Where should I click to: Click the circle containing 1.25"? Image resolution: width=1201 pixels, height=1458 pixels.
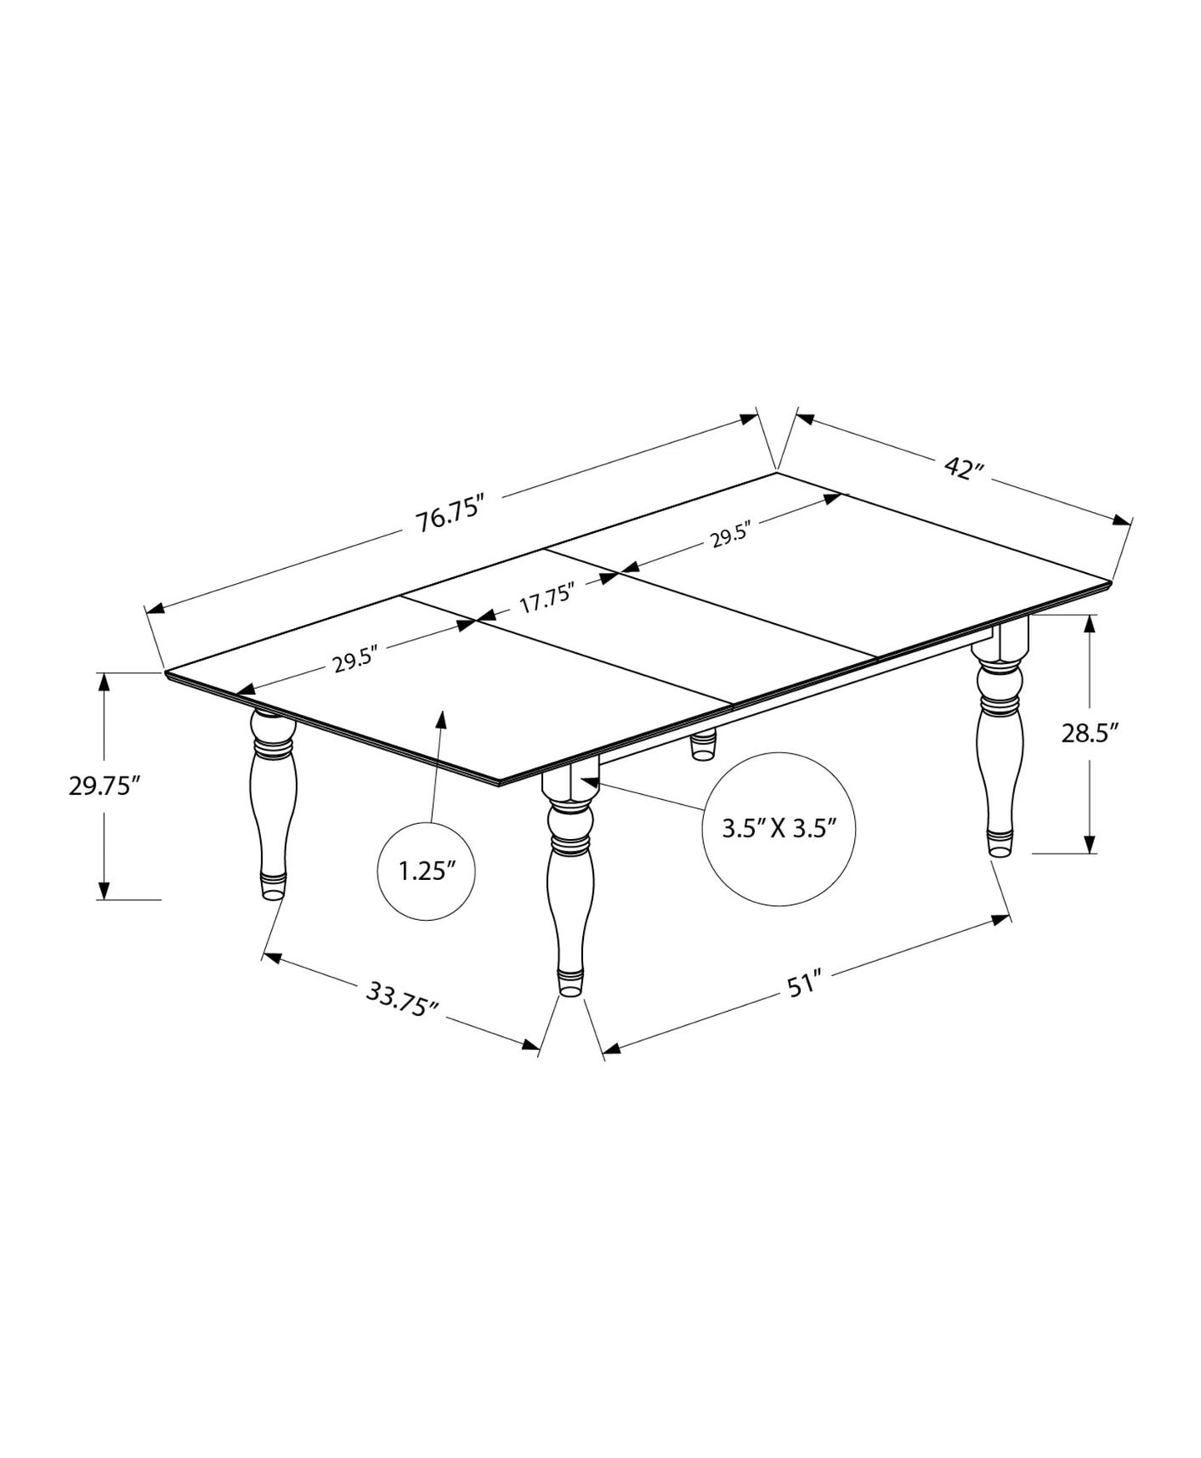[x=427, y=872]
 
